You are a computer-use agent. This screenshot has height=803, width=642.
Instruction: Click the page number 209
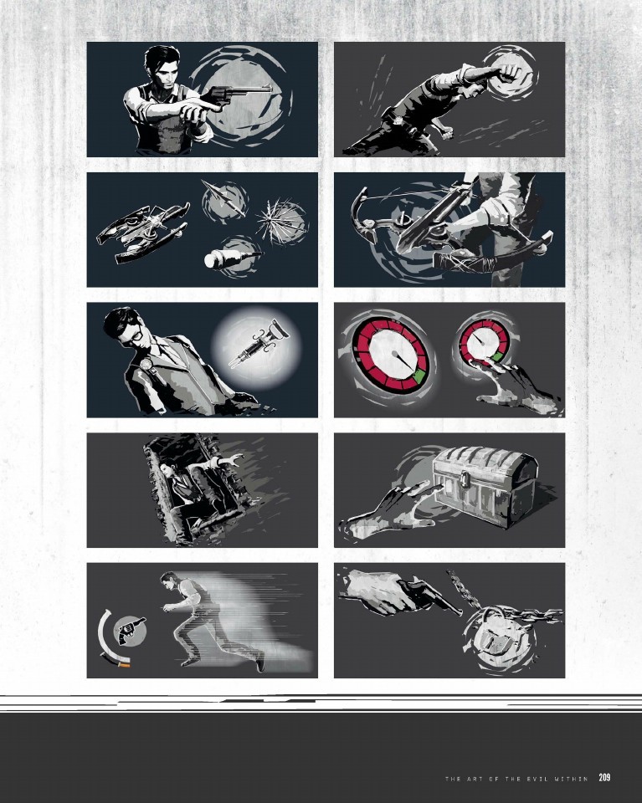coord(604,777)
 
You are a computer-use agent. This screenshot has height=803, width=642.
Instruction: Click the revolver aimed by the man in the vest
coord(236,95)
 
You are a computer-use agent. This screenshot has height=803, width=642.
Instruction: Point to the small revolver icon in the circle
coord(131,631)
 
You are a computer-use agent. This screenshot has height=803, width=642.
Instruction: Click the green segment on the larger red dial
coord(418,377)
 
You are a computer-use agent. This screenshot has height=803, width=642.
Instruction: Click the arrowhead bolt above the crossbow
coord(221,197)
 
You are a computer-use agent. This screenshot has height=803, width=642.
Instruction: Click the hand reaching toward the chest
coord(389,513)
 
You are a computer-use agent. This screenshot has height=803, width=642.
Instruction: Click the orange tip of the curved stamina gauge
coord(125,665)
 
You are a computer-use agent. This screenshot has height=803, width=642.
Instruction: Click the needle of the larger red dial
coord(403,360)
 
